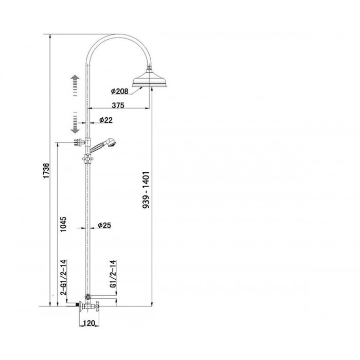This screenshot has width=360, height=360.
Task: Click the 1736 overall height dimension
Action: pyautogui.click(x=46, y=171)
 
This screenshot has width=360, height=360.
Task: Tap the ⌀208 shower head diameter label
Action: pyautogui.click(x=119, y=91)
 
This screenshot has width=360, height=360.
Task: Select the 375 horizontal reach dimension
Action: pyautogui.click(x=118, y=105)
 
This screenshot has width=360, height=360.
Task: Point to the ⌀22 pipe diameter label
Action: pyautogui.click(x=106, y=120)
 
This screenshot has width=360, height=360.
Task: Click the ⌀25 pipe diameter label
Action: pyautogui.click(x=104, y=225)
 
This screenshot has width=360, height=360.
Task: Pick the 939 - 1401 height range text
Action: pyautogui.click(x=146, y=190)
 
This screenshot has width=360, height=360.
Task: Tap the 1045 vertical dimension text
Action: pyautogui.click(x=63, y=224)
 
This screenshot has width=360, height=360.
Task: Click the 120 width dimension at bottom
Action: pyautogui.click(x=88, y=323)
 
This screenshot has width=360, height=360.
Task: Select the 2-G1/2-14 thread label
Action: pyautogui.click(x=63, y=277)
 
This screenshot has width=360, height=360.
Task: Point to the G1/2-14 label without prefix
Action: pyautogui.click(x=113, y=274)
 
